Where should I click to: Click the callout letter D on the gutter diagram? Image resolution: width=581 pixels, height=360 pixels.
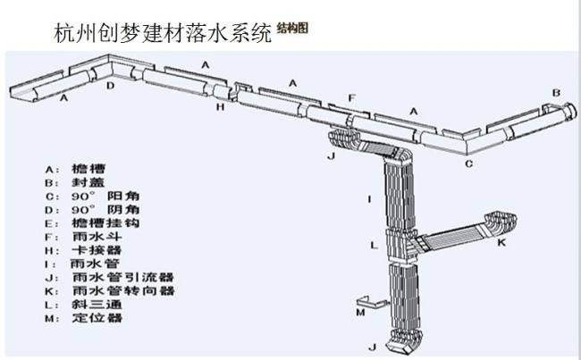pyautogui.click(x=110, y=86)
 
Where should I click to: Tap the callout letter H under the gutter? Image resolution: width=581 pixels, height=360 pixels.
pyautogui.click(x=220, y=106)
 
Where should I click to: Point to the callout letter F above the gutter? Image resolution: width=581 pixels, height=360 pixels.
pyautogui.click(x=352, y=97)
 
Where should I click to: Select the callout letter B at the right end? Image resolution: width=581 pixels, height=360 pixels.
pyautogui.click(x=555, y=92)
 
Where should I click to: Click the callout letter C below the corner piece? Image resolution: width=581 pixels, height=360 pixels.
pyautogui.click(x=468, y=164)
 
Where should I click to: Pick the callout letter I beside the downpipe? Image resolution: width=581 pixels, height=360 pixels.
pyautogui.click(x=367, y=197)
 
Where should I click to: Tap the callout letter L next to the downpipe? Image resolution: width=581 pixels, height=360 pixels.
pyautogui.click(x=374, y=243)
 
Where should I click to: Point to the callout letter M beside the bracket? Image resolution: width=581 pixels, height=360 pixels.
pyautogui.click(x=359, y=313)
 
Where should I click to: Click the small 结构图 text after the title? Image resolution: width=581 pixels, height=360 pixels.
pyautogui.click(x=292, y=28)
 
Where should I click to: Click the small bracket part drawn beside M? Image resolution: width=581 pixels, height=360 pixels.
pyautogui.click(x=365, y=300)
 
